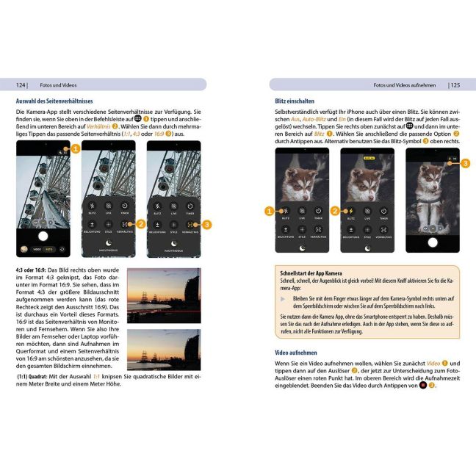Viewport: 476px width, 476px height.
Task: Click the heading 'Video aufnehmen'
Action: [x=296, y=353]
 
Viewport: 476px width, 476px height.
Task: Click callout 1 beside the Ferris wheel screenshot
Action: [x=75, y=149]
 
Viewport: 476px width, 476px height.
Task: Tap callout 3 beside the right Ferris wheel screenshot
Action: [x=208, y=223]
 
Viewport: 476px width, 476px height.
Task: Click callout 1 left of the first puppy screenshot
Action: [x=268, y=212]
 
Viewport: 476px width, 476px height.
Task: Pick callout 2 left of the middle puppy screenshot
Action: [x=334, y=212]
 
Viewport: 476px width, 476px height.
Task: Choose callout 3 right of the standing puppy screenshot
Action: [x=466, y=162]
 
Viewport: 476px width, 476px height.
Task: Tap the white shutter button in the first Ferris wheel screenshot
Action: [x=43, y=236]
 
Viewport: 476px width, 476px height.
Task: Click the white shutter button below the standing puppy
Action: [x=433, y=242]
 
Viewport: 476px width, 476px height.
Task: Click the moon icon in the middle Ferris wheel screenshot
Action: [x=108, y=243]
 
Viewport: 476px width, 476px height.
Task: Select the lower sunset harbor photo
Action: [x=163, y=349]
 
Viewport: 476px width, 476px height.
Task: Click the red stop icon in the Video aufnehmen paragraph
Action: [x=424, y=384]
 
